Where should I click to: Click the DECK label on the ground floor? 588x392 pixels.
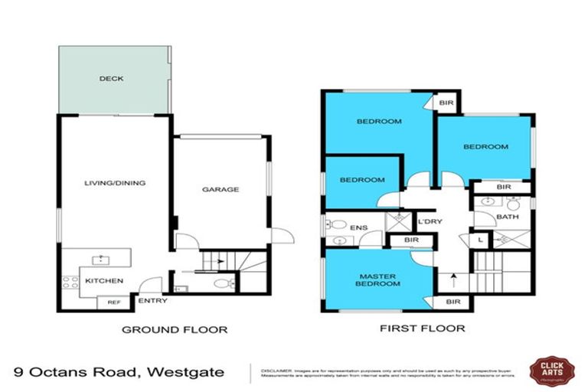coord(111,79)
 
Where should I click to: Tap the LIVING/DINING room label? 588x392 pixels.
coord(115,183)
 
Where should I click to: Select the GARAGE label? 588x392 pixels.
coord(220,189)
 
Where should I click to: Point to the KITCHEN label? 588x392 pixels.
coord(104,281)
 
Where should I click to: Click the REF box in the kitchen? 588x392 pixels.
coord(113,302)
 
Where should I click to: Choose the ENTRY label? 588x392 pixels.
coord(152,301)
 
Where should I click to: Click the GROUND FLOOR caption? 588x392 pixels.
coord(175,330)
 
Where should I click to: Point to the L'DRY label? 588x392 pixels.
coord(426,223)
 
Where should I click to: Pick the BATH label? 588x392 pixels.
coord(508,217)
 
